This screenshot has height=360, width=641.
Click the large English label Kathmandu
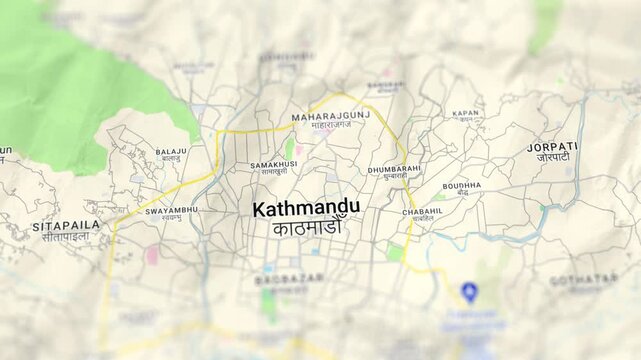click(x=306, y=209)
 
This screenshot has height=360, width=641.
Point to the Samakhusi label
click(x=274, y=164)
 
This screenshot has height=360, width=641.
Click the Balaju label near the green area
click(x=171, y=152)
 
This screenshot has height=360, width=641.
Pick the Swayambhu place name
click(x=171, y=211)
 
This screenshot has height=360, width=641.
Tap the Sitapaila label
click(x=66, y=226)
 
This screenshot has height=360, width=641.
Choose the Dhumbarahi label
click(x=394, y=170)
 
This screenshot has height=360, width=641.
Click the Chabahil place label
click(x=422, y=212)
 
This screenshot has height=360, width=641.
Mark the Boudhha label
click(x=461, y=186)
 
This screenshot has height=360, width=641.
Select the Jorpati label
click(x=552, y=147)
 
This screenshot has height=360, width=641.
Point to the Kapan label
click(x=465, y=114)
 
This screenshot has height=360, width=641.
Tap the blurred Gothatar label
click(x=583, y=280)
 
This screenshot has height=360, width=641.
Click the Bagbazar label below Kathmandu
click(x=289, y=279)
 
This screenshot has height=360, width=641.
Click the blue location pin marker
click(x=469, y=291)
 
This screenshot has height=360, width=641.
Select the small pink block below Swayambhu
click(x=152, y=255)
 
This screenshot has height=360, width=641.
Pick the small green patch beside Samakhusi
click(x=290, y=148)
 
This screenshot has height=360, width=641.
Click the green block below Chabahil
click(x=395, y=252)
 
